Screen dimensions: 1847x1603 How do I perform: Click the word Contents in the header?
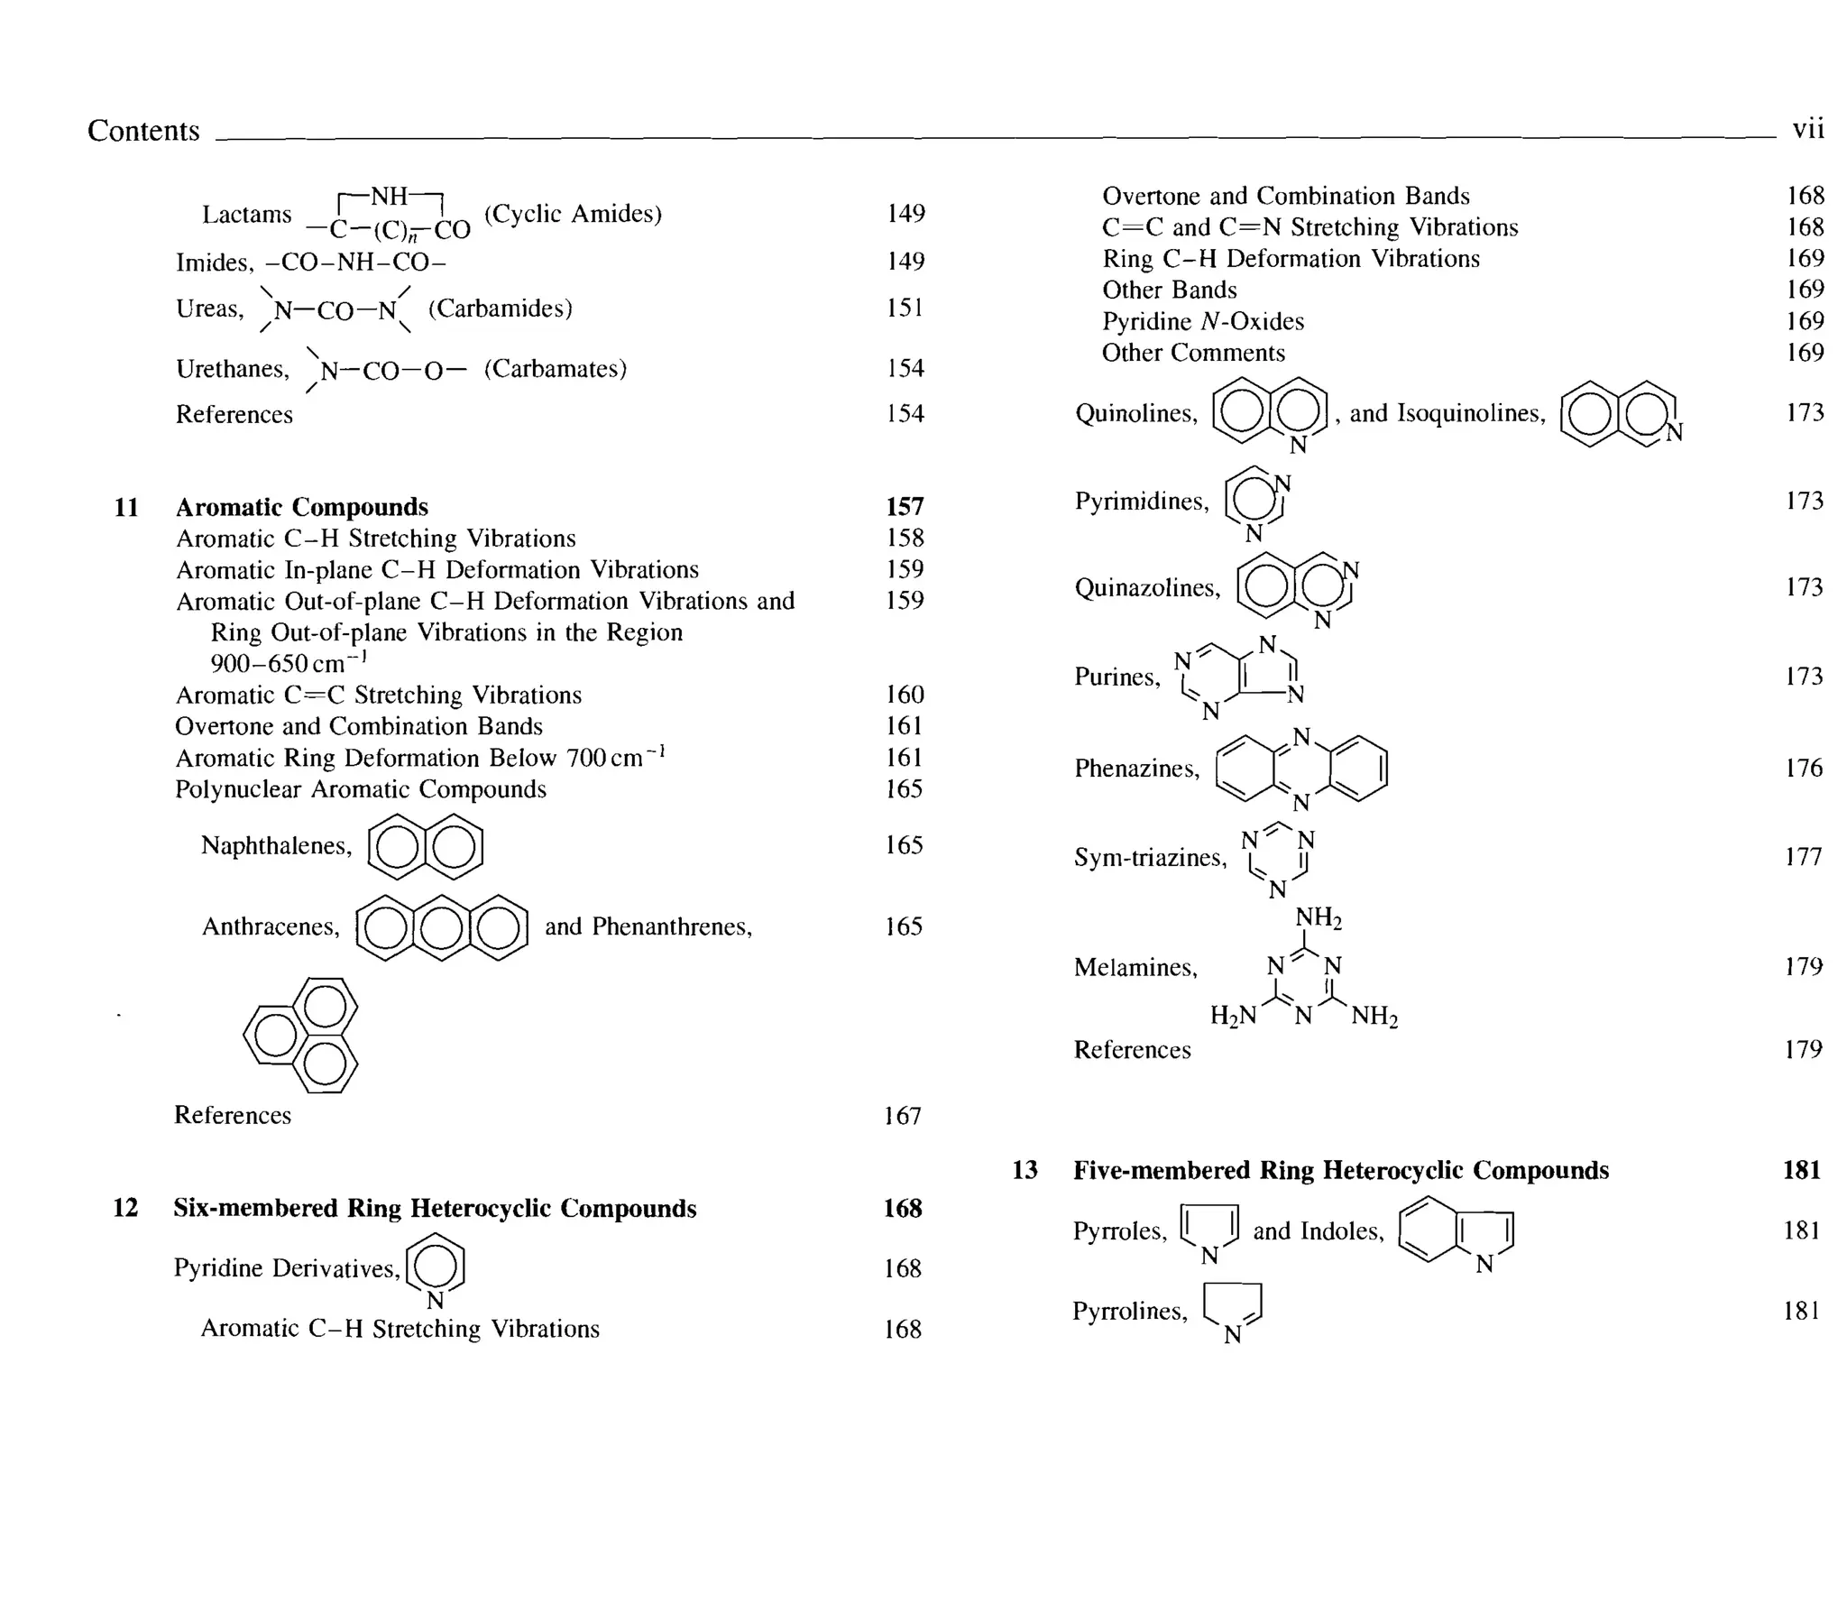[142, 131]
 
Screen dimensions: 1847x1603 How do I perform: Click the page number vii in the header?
[1807, 129]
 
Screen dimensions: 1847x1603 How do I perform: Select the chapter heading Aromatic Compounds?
[301, 507]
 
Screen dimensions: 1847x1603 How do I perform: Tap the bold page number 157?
[905, 507]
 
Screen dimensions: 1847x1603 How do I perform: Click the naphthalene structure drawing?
[426, 846]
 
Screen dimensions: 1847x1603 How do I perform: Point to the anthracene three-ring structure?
[442, 927]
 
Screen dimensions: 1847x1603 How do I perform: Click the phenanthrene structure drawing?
[301, 1035]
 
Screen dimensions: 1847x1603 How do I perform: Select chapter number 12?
[125, 1208]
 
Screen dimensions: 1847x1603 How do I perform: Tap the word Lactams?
[246, 215]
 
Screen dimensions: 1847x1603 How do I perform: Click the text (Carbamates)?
[555, 369]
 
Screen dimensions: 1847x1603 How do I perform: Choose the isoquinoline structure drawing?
[1620, 414]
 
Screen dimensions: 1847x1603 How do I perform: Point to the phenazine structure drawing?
[1301, 769]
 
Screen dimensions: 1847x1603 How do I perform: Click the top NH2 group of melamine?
[1319, 918]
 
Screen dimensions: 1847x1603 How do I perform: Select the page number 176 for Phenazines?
[1803, 769]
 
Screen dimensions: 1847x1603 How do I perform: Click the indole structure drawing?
[1456, 1231]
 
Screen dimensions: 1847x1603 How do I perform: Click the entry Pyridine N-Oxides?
[1202, 322]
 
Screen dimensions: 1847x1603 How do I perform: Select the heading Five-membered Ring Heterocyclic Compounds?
[1340, 1170]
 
